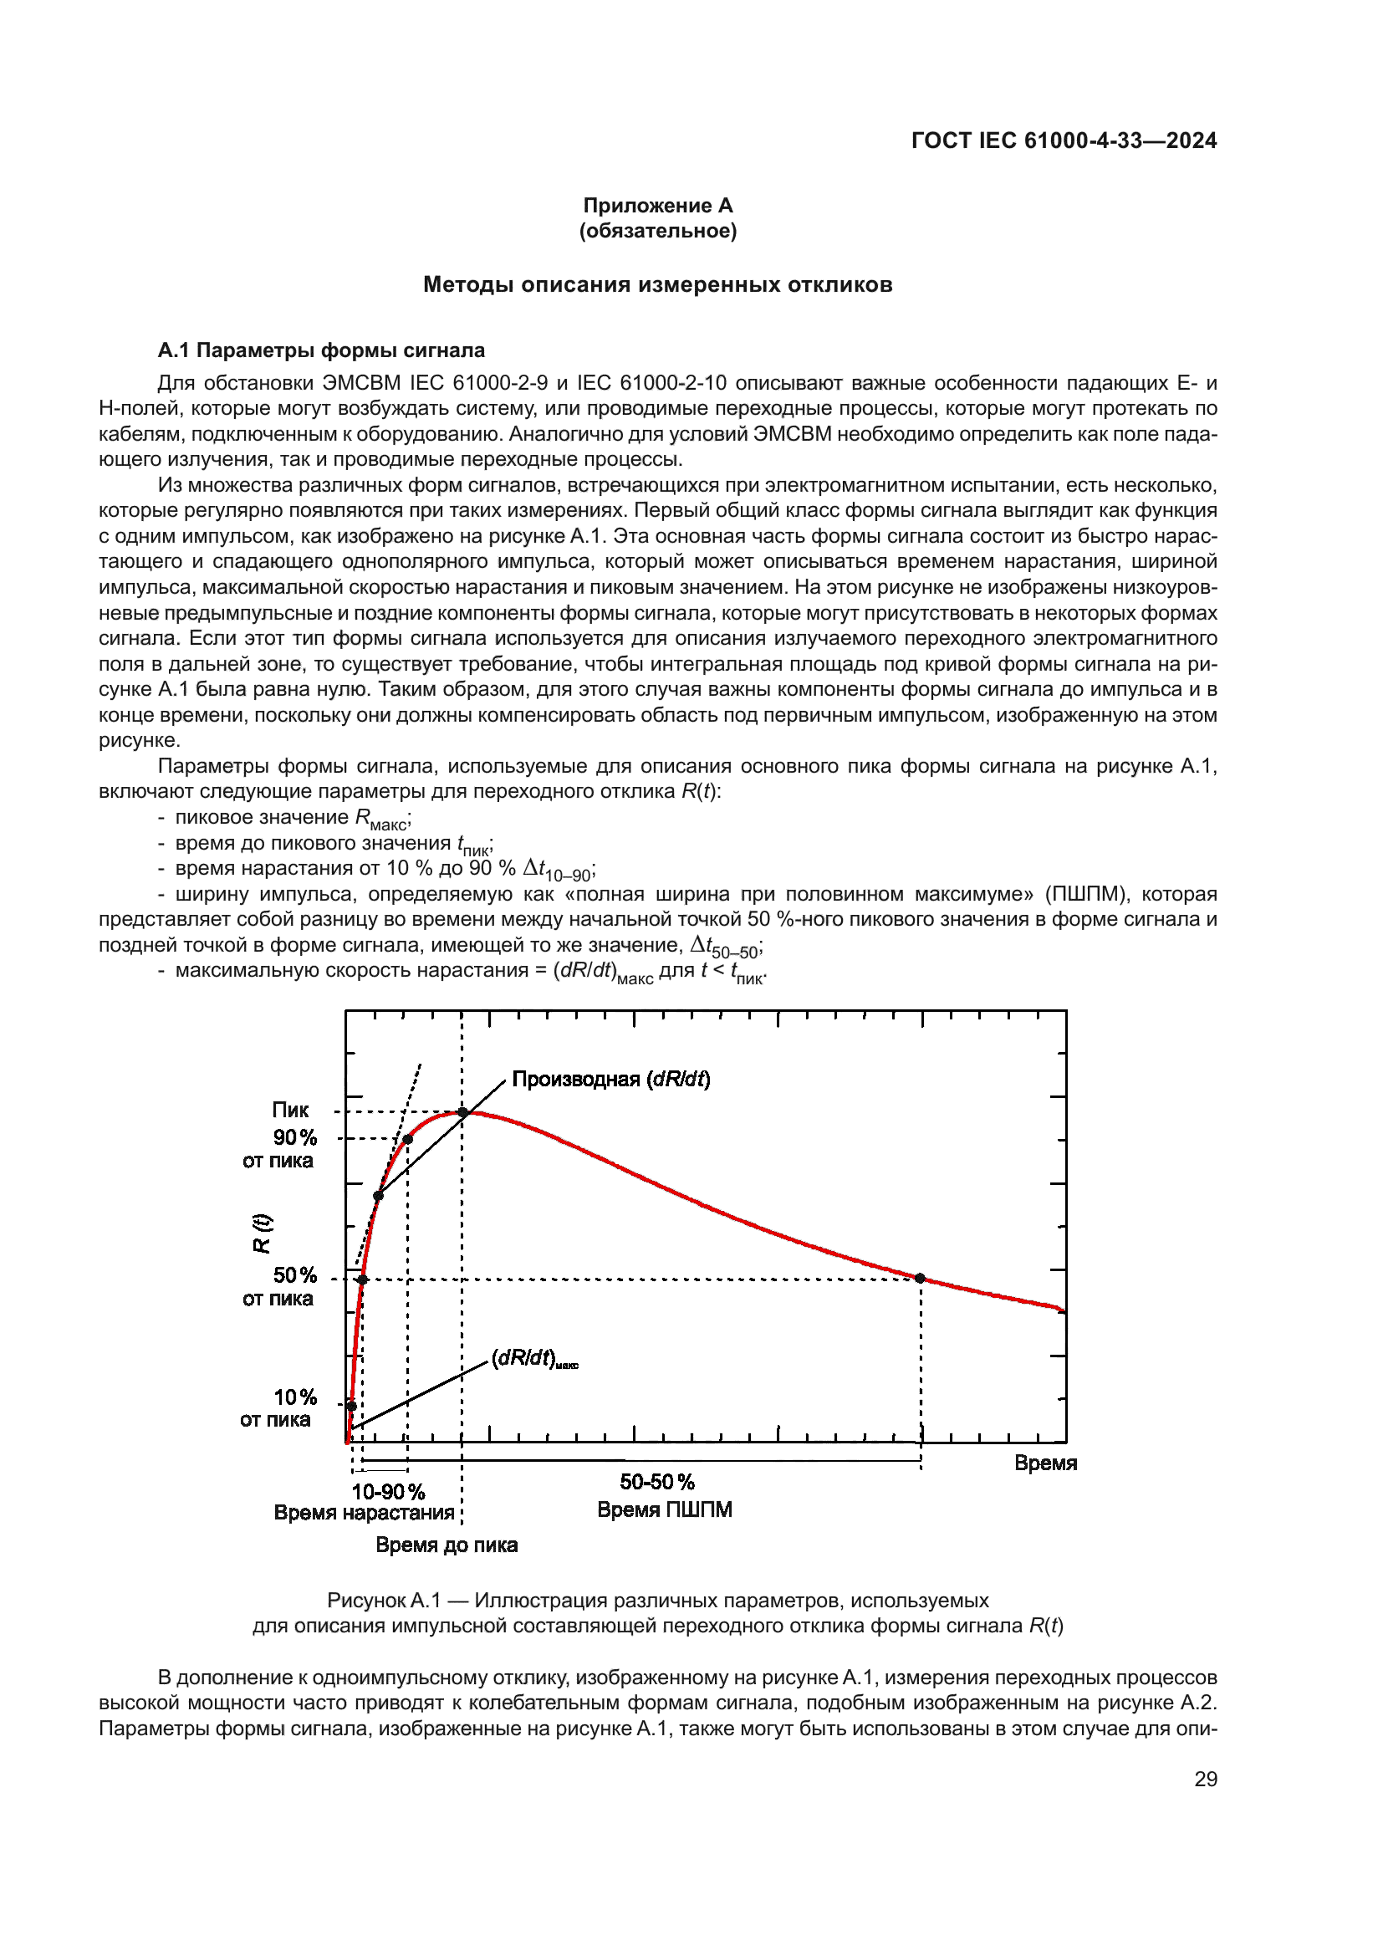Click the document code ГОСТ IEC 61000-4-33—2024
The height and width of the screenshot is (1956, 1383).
pyautogui.click(x=1063, y=140)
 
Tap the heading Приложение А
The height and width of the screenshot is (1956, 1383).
pyautogui.click(x=657, y=206)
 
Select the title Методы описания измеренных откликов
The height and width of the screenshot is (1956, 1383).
pyautogui.click(x=657, y=284)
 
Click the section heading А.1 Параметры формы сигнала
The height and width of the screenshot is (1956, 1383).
pyautogui.click(x=321, y=350)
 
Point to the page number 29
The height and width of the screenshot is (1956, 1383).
pyautogui.click(x=1205, y=1779)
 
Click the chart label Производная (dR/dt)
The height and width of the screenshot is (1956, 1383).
pyautogui.click(x=610, y=1080)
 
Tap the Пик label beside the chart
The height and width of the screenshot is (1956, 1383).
pyautogui.click(x=290, y=1110)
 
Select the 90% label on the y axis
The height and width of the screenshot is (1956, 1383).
pyautogui.click(x=294, y=1138)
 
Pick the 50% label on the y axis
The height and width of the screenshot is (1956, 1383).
pyautogui.click(x=294, y=1275)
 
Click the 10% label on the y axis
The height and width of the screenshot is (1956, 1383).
pyautogui.click(x=294, y=1398)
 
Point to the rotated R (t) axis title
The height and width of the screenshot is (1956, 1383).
pyautogui.click(x=262, y=1233)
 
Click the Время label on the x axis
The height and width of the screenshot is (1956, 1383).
pyautogui.click(x=1046, y=1463)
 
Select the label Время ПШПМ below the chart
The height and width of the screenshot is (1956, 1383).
pyautogui.click(x=664, y=1509)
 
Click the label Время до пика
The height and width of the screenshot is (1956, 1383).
pyautogui.click(x=447, y=1545)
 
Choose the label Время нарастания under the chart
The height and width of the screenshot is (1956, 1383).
pyautogui.click(x=364, y=1512)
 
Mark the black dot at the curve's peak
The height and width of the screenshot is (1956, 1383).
pyautogui.click(x=462, y=1111)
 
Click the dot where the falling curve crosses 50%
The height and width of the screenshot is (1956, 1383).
pyautogui.click(x=921, y=1278)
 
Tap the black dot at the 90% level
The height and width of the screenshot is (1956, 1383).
pyautogui.click(x=408, y=1139)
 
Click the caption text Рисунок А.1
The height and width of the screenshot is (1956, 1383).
pyautogui.click(x=384, y=1601)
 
